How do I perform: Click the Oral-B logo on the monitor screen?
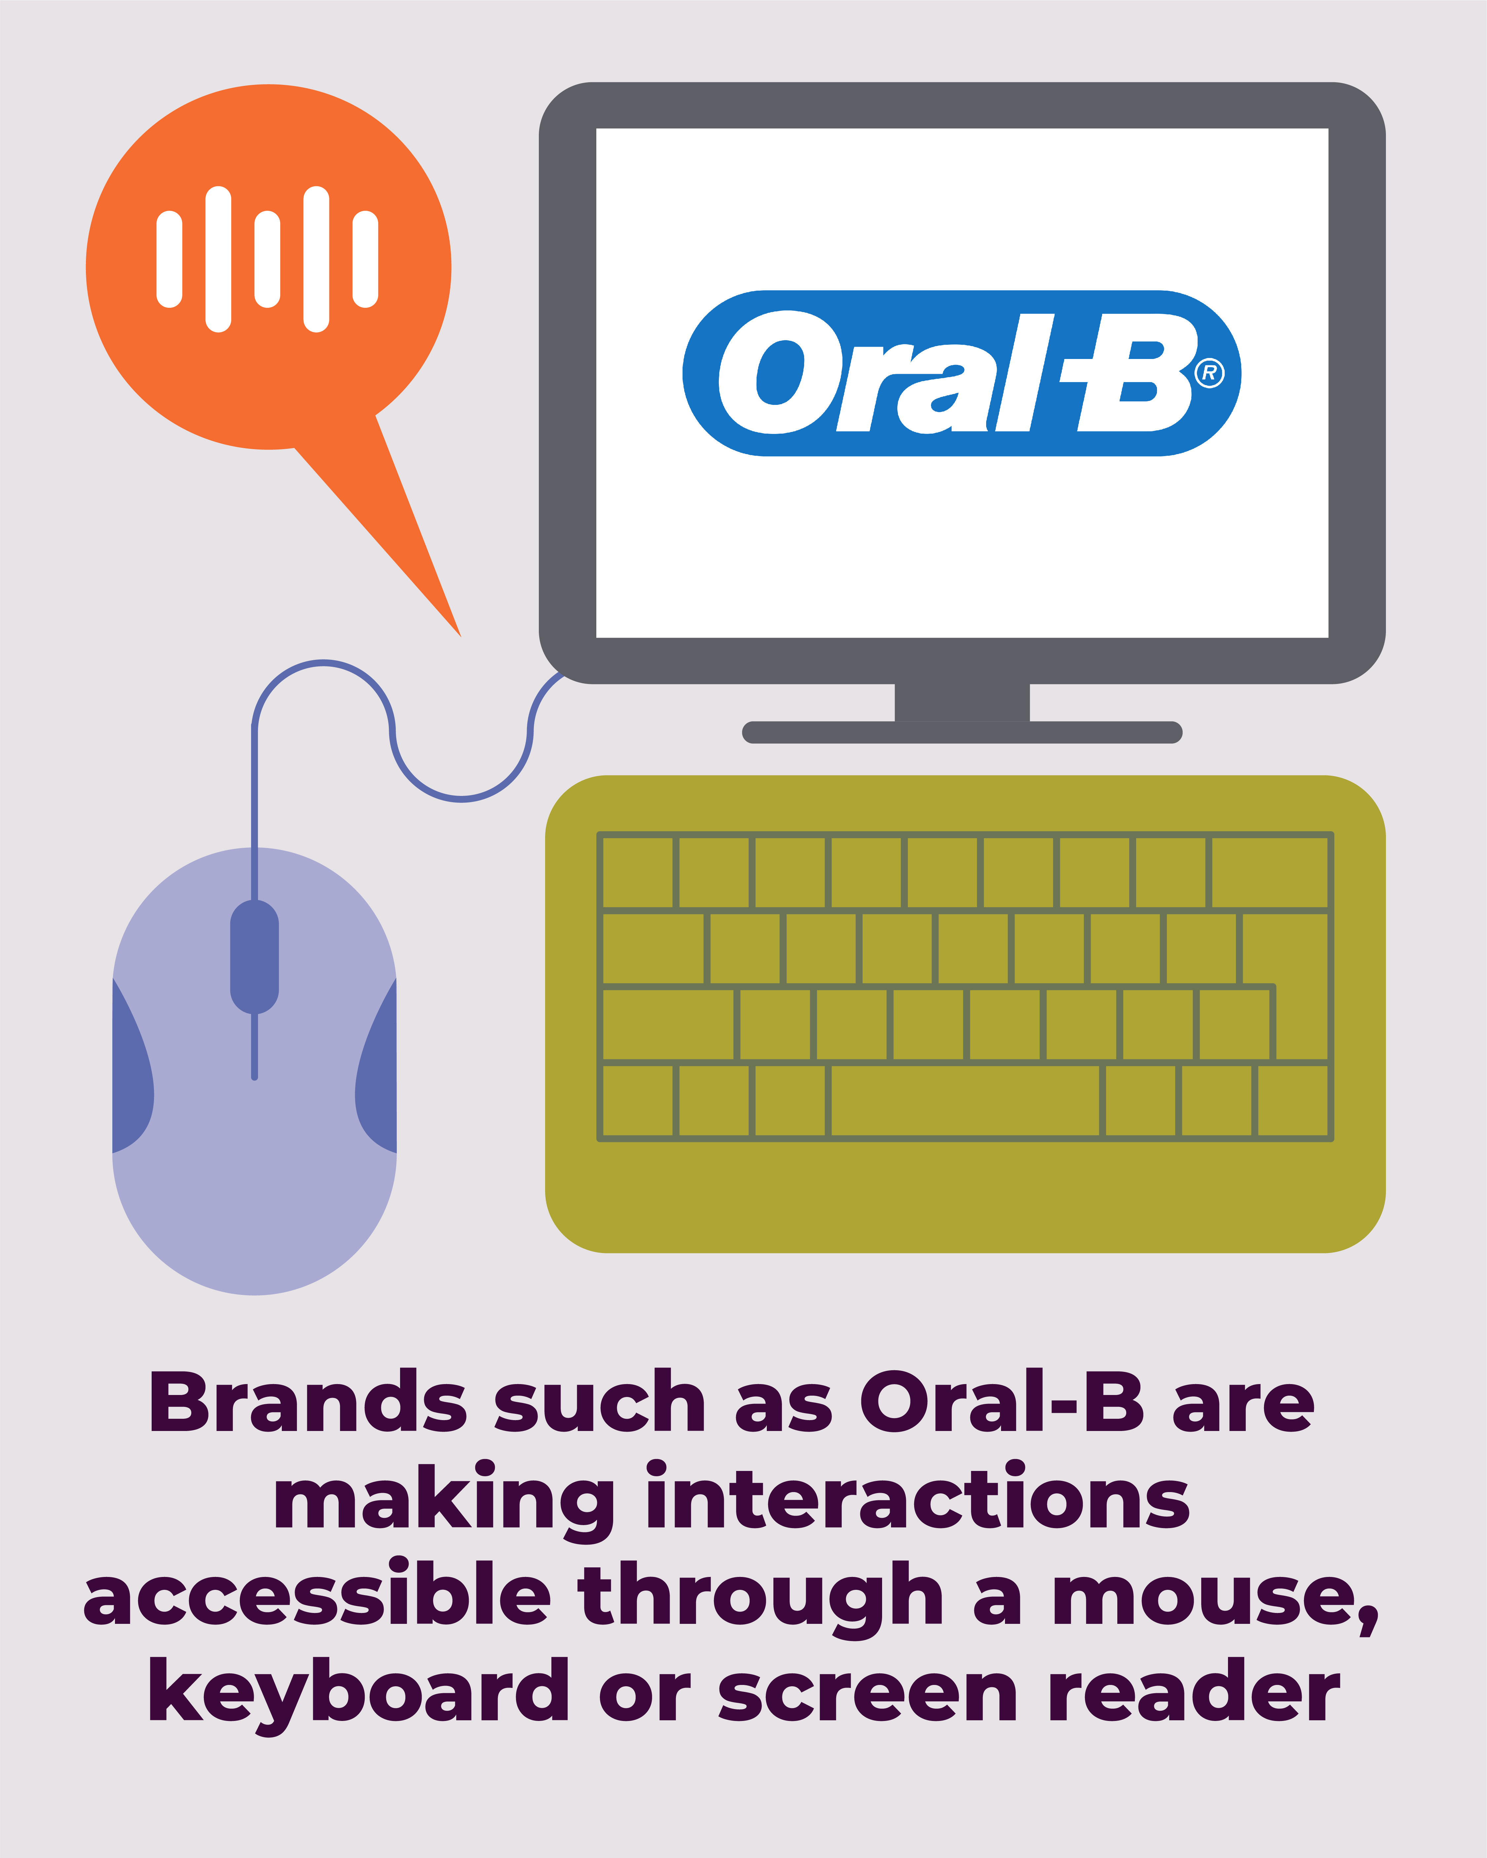click(961, 373)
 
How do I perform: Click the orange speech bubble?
click(269, 284)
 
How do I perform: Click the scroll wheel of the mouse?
click(254, 957)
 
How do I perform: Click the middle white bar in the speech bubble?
click(267, 259)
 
